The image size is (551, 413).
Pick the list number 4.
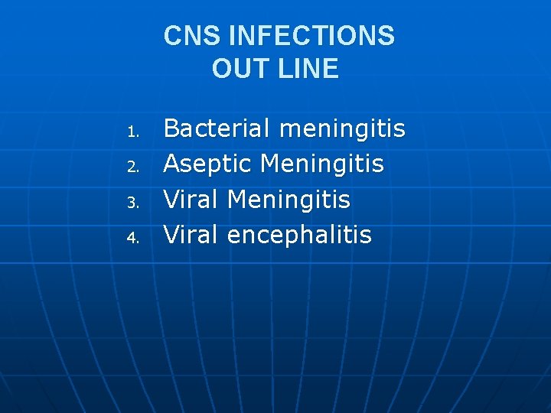pos(132,239)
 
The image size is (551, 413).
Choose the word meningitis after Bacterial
pos(342,128)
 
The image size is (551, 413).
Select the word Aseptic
pos(208,164)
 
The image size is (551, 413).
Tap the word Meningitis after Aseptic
pos(322,164)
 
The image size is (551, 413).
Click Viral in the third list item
pos(192,200)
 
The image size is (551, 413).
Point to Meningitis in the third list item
pos(289,200)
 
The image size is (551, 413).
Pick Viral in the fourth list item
pos(192,235)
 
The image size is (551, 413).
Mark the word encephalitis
pos(299,235)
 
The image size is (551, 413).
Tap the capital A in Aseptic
pos(172,164)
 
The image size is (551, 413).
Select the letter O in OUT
pos(223,70)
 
